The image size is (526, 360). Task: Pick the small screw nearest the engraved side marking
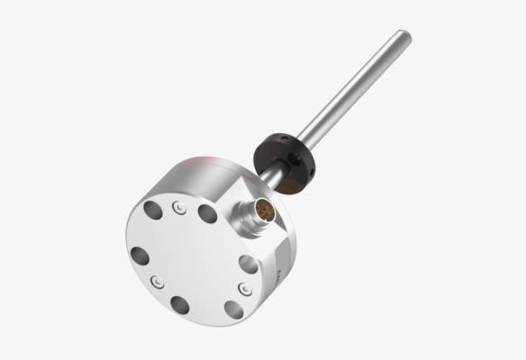tap(241, 288)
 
